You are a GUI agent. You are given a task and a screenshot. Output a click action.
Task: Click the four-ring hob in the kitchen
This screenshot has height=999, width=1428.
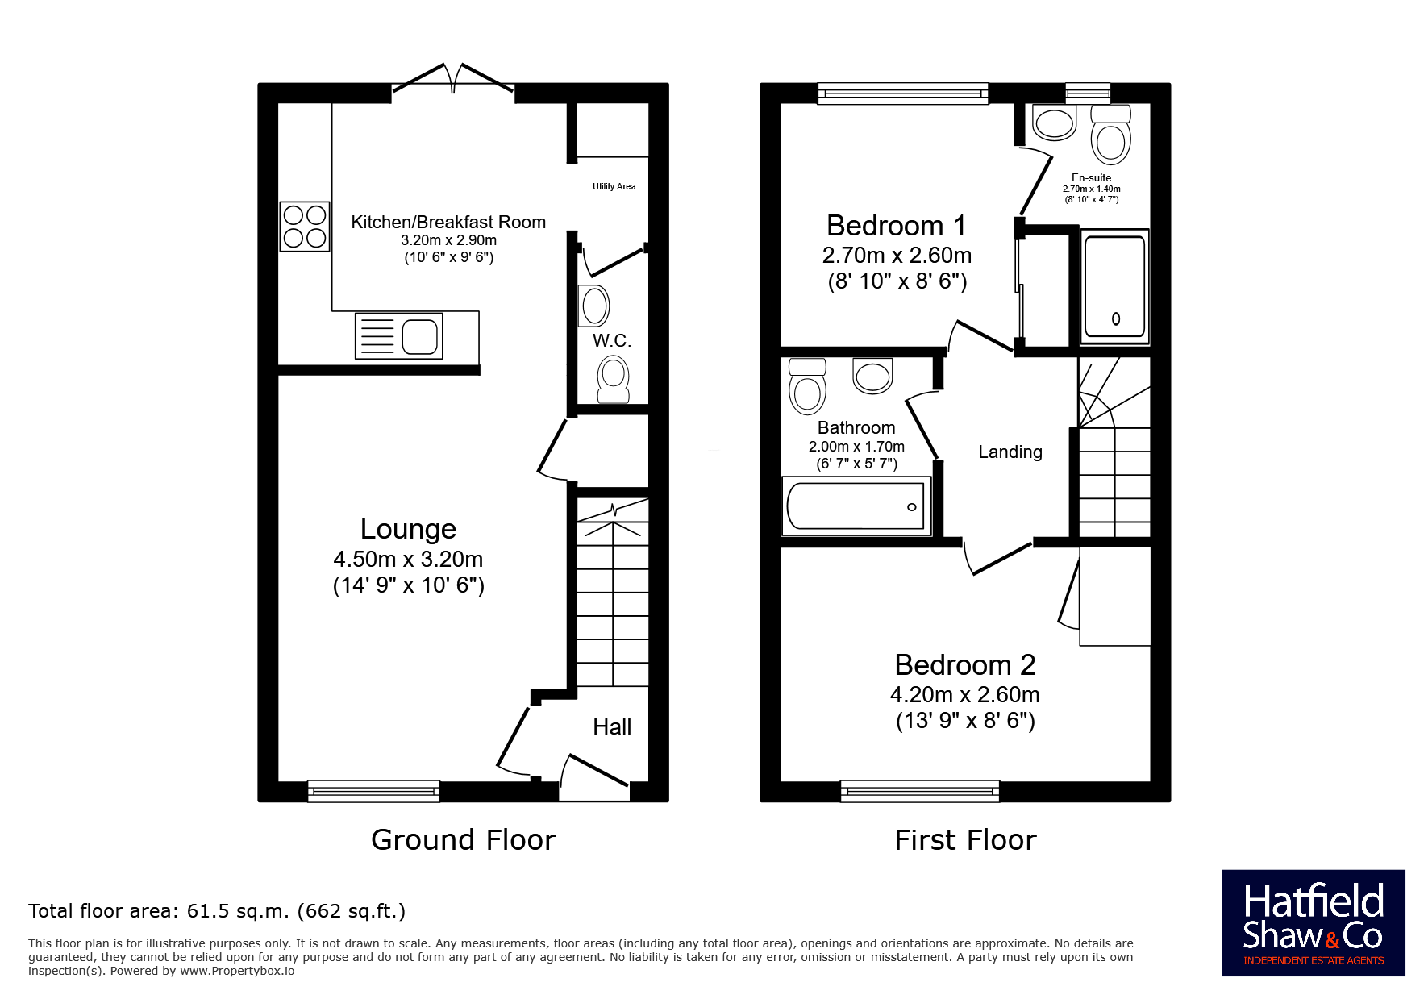(x=305, y=227)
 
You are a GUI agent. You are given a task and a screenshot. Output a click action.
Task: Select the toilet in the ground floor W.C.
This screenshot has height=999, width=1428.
(x=614, y=380)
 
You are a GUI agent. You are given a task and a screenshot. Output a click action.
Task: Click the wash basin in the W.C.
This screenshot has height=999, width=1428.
(x=595, y=306)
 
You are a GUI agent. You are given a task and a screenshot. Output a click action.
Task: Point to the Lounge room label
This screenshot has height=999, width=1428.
(x=408, y=529)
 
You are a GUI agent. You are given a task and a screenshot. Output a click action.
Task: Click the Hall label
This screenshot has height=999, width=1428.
(x=612, y=727)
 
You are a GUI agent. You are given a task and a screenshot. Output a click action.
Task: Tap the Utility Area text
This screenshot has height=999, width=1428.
(x=614, y=186)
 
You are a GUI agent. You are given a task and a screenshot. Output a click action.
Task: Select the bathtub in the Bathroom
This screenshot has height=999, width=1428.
(x=856, y=506)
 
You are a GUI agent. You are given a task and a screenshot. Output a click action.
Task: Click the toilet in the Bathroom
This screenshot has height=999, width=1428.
(x=807, y=386)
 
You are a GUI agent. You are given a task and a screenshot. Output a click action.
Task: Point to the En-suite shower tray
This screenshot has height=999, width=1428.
(x=1115, y=287)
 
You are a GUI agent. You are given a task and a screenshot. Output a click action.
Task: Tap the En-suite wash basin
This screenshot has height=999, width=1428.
(x=1054, y=123)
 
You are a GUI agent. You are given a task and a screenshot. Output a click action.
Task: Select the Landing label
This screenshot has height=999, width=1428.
(x=1010, y=452)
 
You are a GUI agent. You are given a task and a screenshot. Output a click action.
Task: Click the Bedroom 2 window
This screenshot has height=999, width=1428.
(x=920, y=791)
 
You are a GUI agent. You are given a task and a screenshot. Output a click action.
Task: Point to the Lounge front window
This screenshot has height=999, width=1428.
(x=373, y=791)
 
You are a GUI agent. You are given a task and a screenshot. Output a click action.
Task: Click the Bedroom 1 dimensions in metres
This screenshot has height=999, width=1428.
(x=897, y=256)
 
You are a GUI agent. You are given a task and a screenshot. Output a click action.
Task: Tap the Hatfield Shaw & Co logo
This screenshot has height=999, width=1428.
(x=1313, y=923)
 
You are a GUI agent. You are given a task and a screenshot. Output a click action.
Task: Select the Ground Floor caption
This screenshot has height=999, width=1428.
(x=464, y=840)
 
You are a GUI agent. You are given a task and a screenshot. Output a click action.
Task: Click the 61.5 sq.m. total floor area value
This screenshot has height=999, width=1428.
(x=238, y=911)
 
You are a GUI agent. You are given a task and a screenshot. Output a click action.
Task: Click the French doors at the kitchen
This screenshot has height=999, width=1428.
(x=453, y=78)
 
